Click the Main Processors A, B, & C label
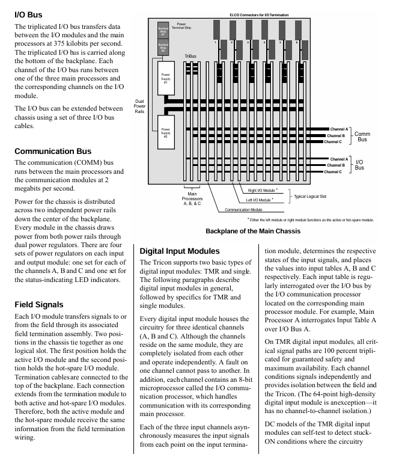pyautogui.click(x=193, y=199)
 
